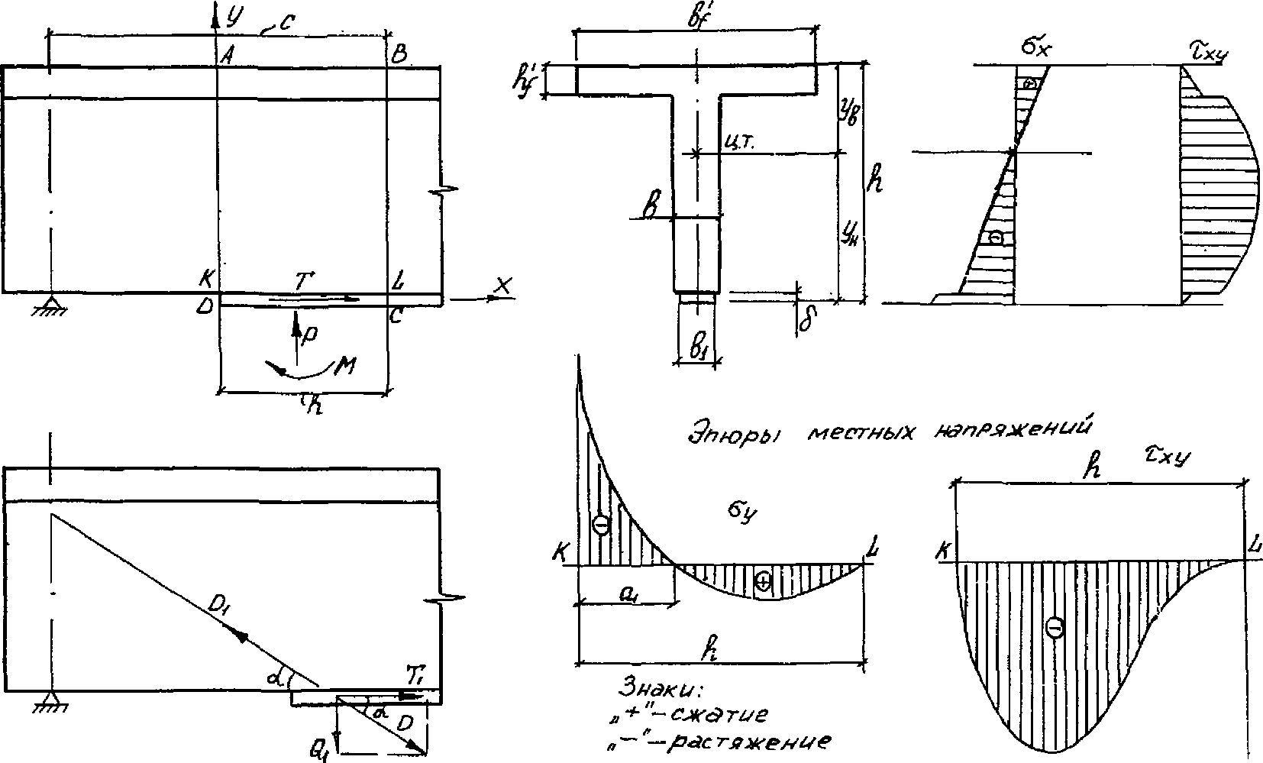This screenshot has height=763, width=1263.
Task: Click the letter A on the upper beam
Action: click(226, 55)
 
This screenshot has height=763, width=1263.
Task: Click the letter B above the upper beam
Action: click(399, 54)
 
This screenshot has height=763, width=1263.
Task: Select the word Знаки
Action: click(661, 690)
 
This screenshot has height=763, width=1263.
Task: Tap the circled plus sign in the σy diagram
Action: click(763, 582)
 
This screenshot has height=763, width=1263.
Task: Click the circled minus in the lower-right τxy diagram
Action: click(1055, 629)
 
